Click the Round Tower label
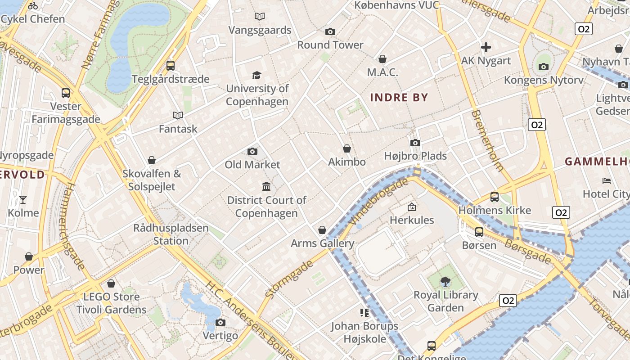click(x=330, y=45)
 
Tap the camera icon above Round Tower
click(x=330, y=31)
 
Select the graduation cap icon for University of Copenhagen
click(x=256, y=75)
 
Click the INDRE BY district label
click(x=399, y=97)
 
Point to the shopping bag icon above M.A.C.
click(x=382, y=59)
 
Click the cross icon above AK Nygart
click(x=486, y=47)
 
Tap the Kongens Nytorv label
click(x=543, y=80)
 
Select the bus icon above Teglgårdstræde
click(x=170, y=66)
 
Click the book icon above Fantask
click(x=178, y=116)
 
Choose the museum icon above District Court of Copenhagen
click(x=266, y=186)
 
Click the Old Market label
click(x=252, y=165)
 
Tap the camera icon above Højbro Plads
click(x=415, y=143)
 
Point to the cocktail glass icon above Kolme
click(x=23, y=199)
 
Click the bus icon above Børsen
click(x=479, y=232)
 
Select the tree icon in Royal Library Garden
click(x=445, y=282)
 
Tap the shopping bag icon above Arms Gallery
click(x=322, y=230)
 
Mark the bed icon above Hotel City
click(x=606, y=181)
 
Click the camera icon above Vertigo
click(x=220, y=322)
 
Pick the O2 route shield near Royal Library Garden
click(x=507, y=301)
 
